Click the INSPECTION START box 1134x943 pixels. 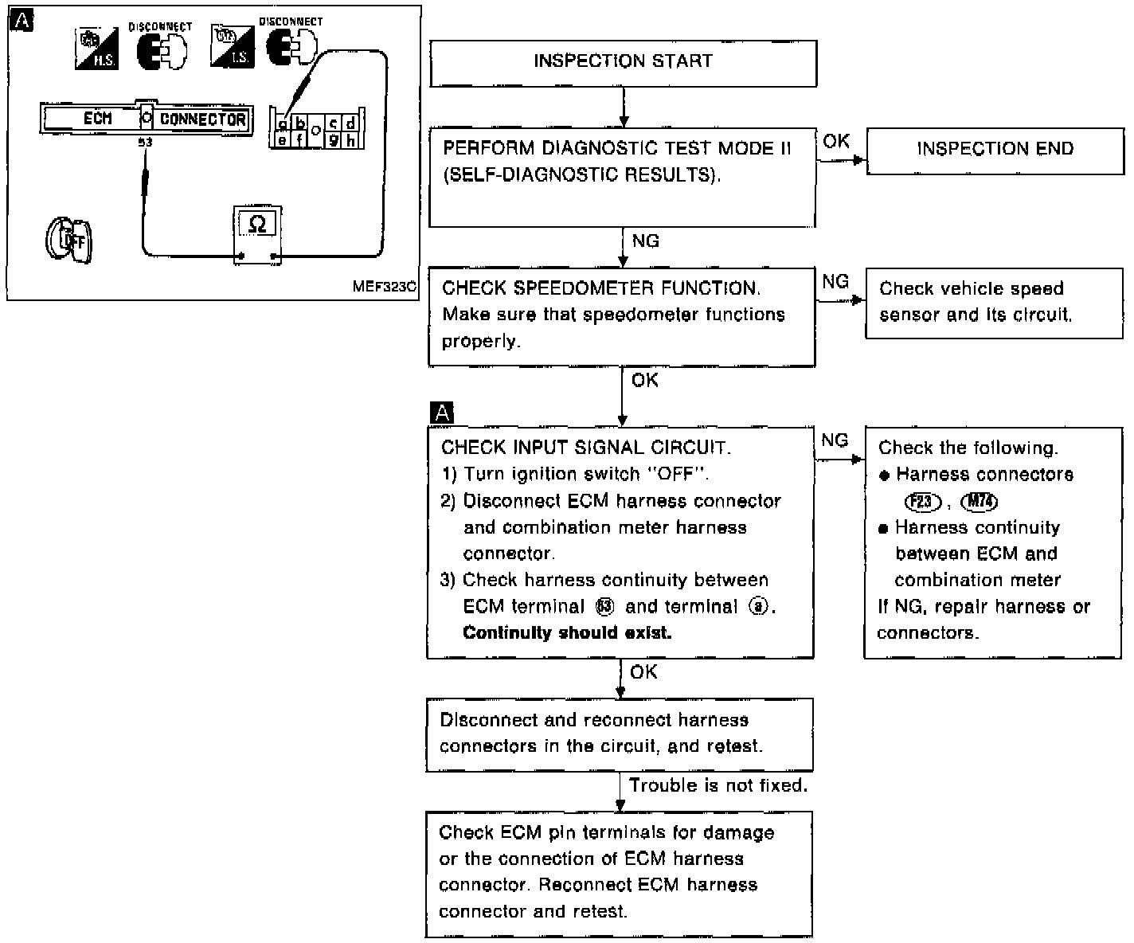click(x=623, y=62)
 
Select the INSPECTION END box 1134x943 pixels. click(x=995, y=149)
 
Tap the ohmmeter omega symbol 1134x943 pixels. click(x=257, y=224)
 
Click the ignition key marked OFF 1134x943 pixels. click(x=69, y=240)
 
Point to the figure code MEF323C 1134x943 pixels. click(x=384, y=287)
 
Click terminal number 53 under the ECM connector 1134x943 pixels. click(x=145, y=143)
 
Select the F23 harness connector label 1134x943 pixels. click(x=922, y=502)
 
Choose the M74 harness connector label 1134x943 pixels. click(x=980, y=502)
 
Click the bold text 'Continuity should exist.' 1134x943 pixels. click(x=567, y=633)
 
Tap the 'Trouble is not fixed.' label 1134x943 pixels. click(x=718, y=785)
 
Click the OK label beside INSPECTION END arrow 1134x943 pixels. click(x=836, y=141)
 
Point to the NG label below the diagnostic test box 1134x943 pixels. click(x=645, y=241)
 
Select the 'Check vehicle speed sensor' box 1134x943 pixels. click(x=993, y=303)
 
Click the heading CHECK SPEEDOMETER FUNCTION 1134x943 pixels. click(x=600, y=288)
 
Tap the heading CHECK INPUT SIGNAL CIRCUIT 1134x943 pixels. click(x=585, y=448)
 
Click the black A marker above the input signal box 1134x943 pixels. click(x=441, y=413)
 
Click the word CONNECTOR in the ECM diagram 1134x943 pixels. click(x=202, y=119)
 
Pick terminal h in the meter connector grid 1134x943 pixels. click(x=350, y=140)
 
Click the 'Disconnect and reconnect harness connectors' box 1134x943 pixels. click(x=619, y=734)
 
